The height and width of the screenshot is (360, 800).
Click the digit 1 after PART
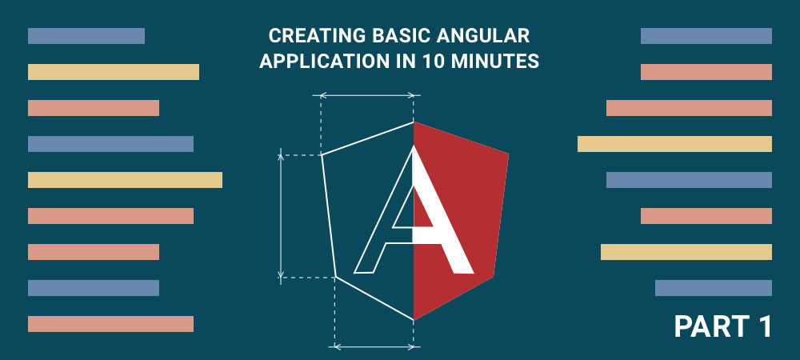coord(762,326)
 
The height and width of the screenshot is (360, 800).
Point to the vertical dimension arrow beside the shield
coord(281,216)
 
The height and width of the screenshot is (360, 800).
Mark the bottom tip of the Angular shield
coord(414,320)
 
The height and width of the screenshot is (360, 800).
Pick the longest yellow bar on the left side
coord(125,180)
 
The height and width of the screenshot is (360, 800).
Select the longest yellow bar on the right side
coord(674,144)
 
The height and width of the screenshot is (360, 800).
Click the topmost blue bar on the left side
coord(86,36)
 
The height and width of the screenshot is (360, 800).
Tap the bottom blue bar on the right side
coord(714,288)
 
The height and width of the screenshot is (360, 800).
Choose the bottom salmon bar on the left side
coord(110,324)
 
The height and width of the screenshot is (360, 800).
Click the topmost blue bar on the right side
coord(706,36)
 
